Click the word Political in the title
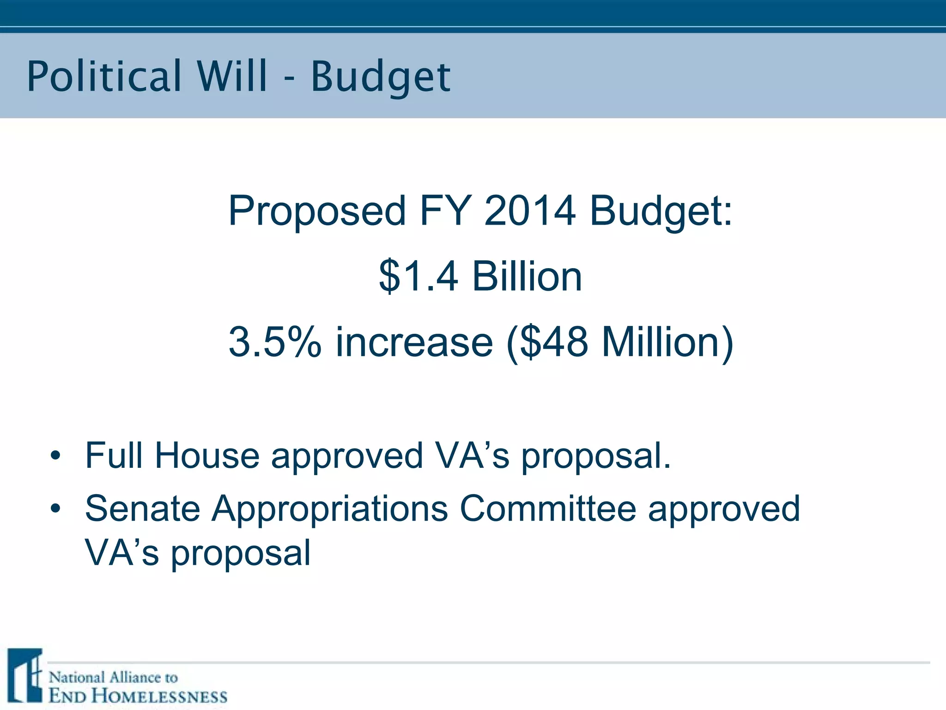point(104,76)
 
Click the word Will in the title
point(232,76)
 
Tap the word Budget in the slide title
point(381,78)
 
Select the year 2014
point(530,210)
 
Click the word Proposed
point(317,211)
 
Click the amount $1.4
point(418,276)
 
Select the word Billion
point(527,276)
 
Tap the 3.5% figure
point(275,342)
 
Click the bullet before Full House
point(56,456)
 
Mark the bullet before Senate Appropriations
point(56,509)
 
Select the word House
point(207,456)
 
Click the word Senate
point(142,509)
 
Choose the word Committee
point(548,509)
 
